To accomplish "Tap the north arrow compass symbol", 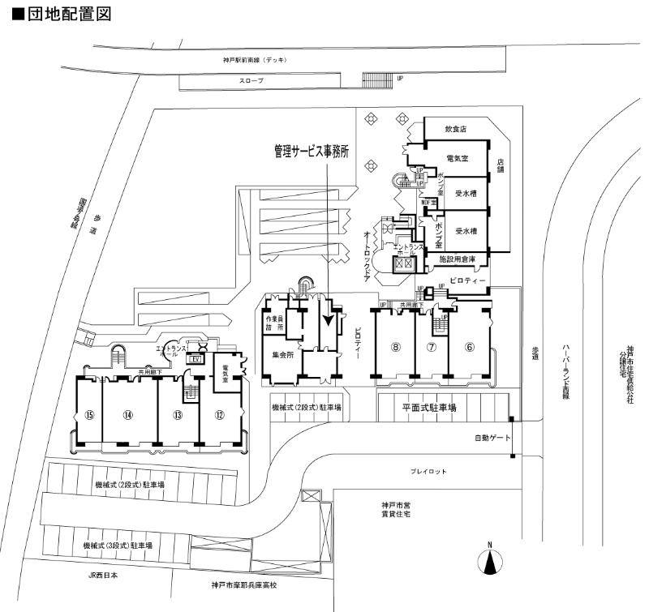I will (489, 562).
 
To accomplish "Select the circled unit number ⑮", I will (89, 415).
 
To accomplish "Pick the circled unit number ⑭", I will (127, 415).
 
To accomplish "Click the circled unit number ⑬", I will (177, 415).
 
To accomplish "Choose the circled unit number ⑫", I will (219, 415).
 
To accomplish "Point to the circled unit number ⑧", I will (396, 347).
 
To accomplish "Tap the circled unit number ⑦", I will (432, 347).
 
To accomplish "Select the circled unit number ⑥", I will (469, 347).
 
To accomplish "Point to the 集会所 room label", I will (280, 354).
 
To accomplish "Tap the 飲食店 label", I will (457, 129).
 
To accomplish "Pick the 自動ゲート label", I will (491, 439).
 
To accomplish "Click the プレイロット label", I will (428, 471).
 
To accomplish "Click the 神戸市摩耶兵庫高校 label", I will (244, 584).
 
